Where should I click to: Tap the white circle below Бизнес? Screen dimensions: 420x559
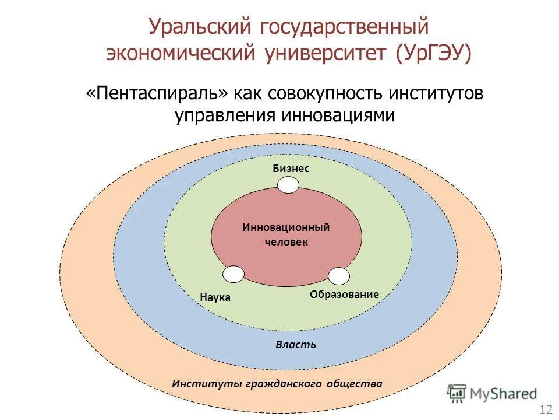click(x=288, y=185)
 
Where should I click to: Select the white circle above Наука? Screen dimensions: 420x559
click(x=233, y=274)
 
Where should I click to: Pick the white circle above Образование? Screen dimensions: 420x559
click(x=339, y=276)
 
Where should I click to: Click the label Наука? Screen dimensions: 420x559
click(x=215, y=297)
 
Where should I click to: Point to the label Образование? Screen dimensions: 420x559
click(x=344, y=295)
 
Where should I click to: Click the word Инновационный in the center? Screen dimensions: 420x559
click(x=286, y=227)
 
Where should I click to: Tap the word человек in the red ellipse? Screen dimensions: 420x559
click(x=286, y=242)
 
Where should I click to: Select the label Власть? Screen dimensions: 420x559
click(x=296, y=344)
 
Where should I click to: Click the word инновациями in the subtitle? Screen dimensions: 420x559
click(x=339, y=115)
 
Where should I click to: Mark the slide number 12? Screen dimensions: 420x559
click(x=546, y=408)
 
